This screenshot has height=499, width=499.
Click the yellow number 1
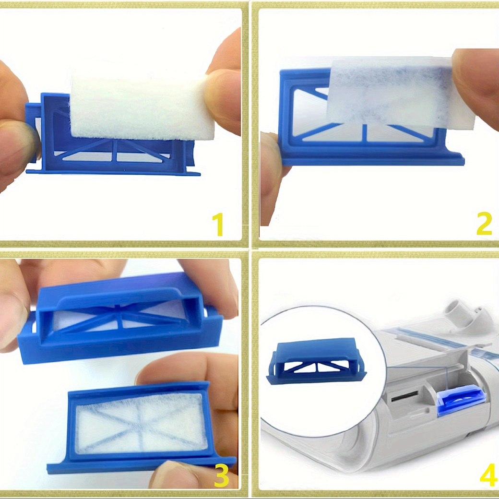pos(218,225)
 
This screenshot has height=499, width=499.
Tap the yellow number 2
pos(484,224)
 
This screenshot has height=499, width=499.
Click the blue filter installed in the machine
pos(461,400)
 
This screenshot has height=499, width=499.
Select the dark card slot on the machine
pos(404,397)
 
